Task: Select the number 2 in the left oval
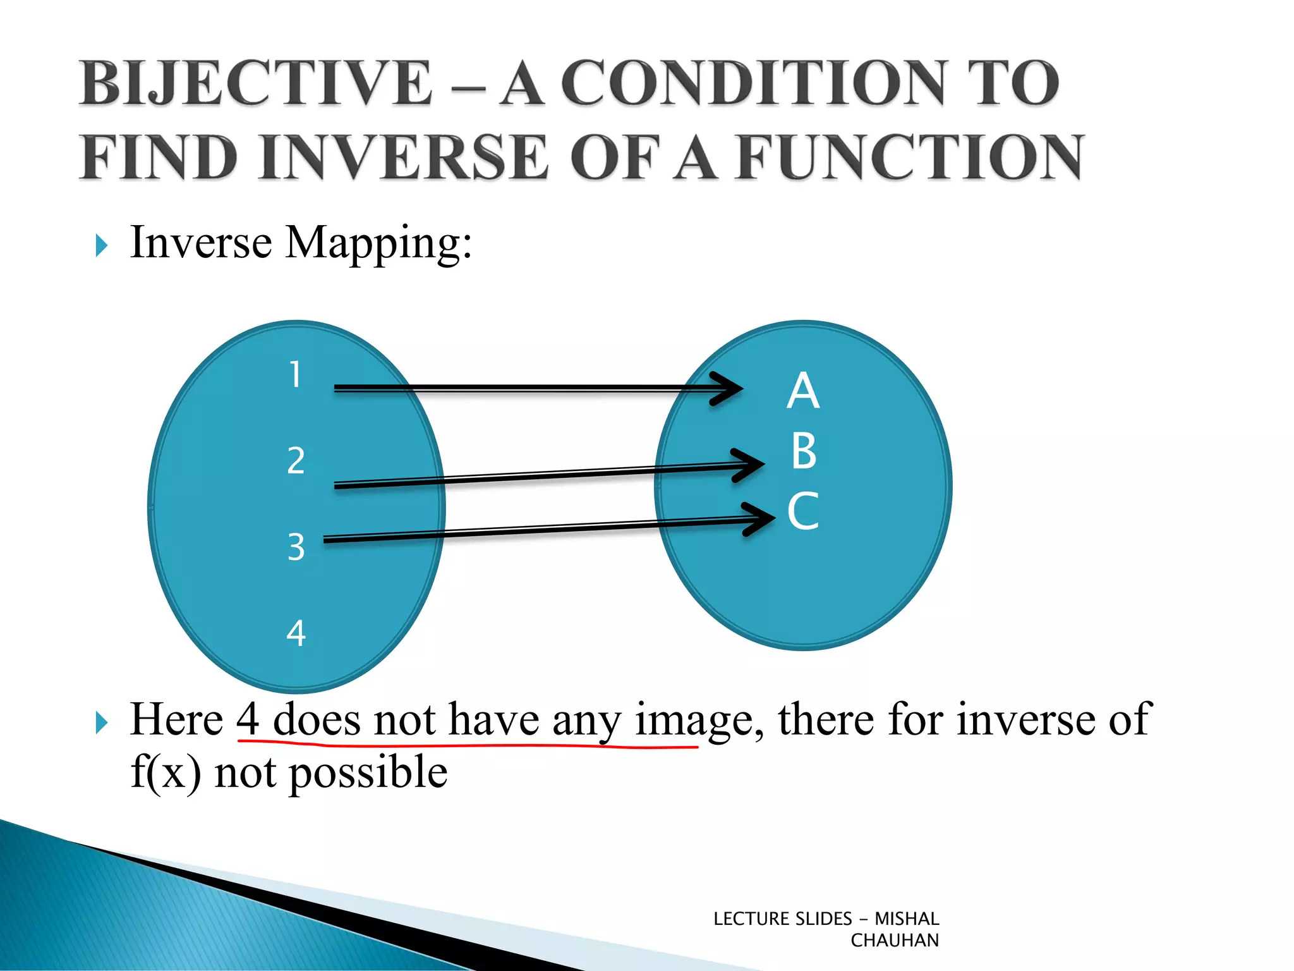pyautogui.click(x=296, y=460)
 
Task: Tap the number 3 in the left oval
pyautogui.click(x=296, y=546)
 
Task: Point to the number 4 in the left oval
pyautogui.click(x=296, y=633)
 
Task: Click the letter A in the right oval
pyautogui.click(x=803, y=391)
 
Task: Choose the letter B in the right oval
pyautogui.click(x=804, y=451)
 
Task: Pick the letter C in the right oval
pyautogui.click(x=803, y=511)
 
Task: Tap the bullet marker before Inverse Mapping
pyautogui.click(x=101, y=245)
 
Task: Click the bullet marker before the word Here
pyautogui.click(x=101, y=723)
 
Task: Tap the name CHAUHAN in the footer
pyautogui.click(x=894, y=941)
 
